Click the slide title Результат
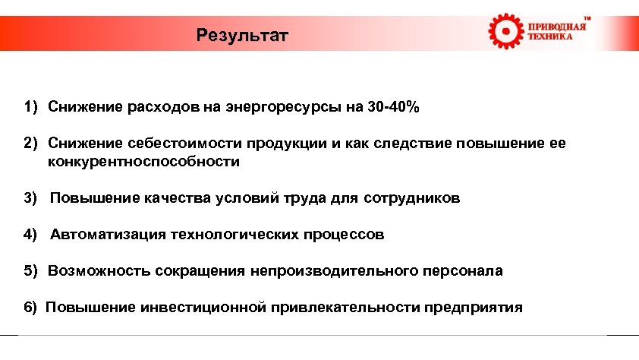(242, 35)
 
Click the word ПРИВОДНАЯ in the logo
(556, 27)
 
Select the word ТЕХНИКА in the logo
(550, 37)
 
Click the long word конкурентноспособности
(143, 161)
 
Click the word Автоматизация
(108, 235)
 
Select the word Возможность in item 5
(99, 271)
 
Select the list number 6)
(30, 308)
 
